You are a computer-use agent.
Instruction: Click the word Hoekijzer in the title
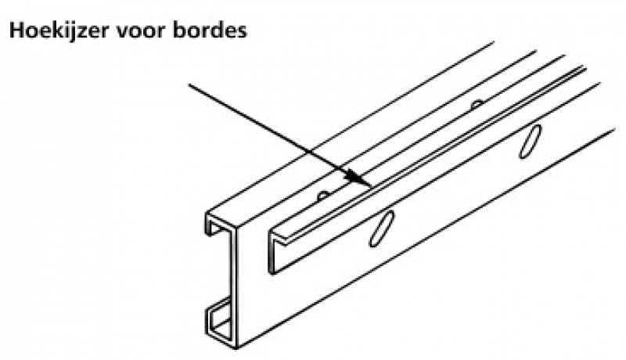click(x=59, y=31)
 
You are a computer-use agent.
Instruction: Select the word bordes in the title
click(x=210, y=31)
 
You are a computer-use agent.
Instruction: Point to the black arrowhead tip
click(x=371, y=185)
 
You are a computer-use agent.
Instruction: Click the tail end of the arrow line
click(x=189, y=85)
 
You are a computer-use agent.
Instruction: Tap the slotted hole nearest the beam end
click(x=382, y=228)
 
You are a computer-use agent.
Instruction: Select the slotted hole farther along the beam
click(x=531, y=142)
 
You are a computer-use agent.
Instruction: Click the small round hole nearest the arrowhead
click(x=323, y=196)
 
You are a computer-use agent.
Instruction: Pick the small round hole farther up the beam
click(x=477, y=105)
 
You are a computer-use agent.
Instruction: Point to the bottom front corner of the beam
click(x=236, y=348)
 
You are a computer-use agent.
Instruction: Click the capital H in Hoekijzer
click(x=16, y=31)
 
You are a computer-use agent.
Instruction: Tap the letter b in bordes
click(x=180, y=31)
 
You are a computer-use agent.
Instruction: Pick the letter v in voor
click(x=123, y=32)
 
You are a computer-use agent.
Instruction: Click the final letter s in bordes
click(x=242, y=32)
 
